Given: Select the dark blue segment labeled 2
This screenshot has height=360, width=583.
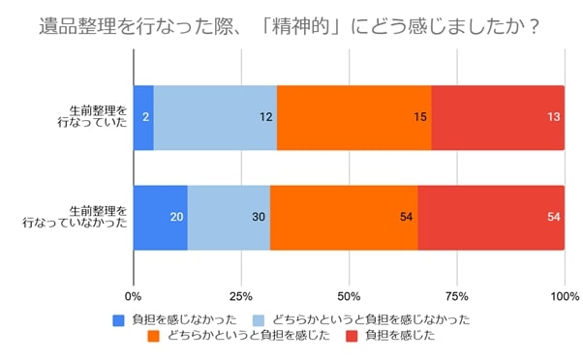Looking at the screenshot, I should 143,117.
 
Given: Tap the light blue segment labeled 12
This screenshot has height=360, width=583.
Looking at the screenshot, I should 215,117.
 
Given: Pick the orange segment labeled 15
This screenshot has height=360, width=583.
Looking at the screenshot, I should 353,117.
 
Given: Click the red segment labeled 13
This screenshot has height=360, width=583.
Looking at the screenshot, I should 498,117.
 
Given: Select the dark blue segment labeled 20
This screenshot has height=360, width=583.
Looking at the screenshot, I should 160,217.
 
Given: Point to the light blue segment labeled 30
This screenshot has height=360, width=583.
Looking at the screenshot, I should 229,217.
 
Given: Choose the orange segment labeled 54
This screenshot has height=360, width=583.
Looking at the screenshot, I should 344,217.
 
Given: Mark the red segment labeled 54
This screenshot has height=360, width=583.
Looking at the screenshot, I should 491,217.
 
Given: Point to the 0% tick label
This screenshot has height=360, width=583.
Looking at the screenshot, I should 134,294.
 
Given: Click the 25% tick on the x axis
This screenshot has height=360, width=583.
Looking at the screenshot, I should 241,294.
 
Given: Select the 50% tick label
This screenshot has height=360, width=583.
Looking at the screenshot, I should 349,294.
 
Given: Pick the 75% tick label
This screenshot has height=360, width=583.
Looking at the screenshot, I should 457,294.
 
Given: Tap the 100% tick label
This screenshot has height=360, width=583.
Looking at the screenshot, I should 562,294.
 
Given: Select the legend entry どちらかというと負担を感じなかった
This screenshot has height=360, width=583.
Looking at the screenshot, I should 362,318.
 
